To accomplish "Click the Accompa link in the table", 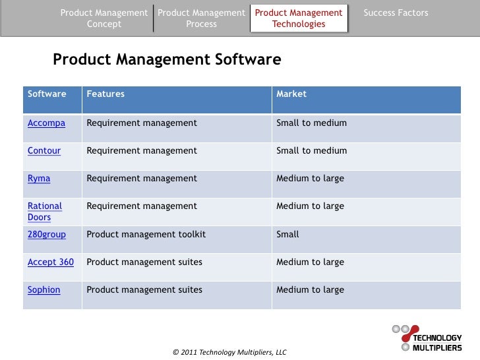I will (x=46, y=123).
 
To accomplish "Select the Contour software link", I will (x=44, y=150).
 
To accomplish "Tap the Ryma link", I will (x=39, y=178).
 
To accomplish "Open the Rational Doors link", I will (x=44, y=212).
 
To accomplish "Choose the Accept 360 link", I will (x=51, y=262).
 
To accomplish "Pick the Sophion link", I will (x=44, y=289).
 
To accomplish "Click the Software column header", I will (x=47, y=94).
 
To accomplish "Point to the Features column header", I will (x=105, y=94).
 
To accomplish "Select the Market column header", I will (x=291, y=94).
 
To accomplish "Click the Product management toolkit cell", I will (x=146, y=234).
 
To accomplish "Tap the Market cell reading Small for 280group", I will (x=287, y=234).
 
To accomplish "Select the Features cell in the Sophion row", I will (x=144, y=289).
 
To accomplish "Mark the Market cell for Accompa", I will (x=311, y=123).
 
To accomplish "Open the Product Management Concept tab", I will (x=104, y=18).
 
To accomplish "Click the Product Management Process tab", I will (x=202, y=18).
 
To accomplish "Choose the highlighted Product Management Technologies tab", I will (x=299, y=18).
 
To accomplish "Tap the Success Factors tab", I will (x=396, y=13).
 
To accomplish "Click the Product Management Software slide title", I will (x=167, y=60).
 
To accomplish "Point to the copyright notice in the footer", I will (x=229, y=352).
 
